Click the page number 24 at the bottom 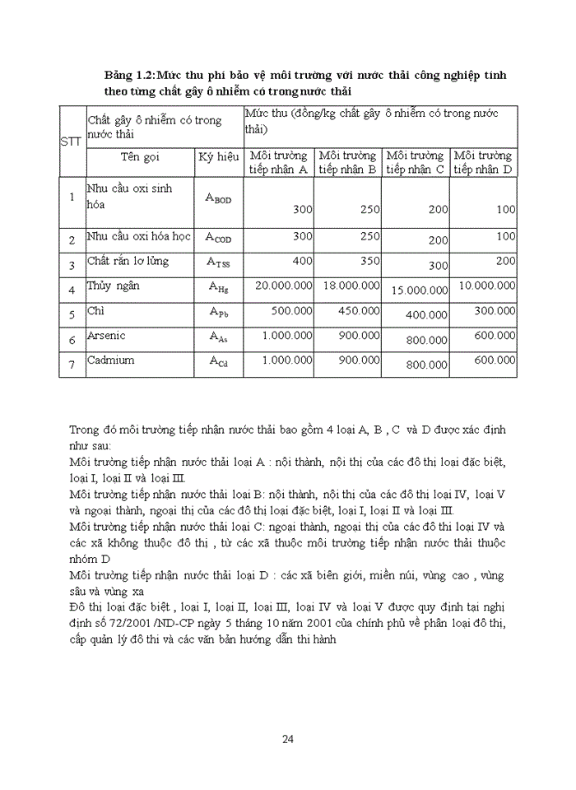288,738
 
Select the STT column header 71,141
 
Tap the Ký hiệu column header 218,156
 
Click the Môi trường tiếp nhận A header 279,162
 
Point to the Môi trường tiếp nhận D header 483,162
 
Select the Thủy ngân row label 114,286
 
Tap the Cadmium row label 112,360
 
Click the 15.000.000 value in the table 420,290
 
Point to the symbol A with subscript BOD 218,197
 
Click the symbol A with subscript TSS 218,263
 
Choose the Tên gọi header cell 140,156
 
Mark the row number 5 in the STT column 72,314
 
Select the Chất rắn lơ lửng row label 128,261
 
